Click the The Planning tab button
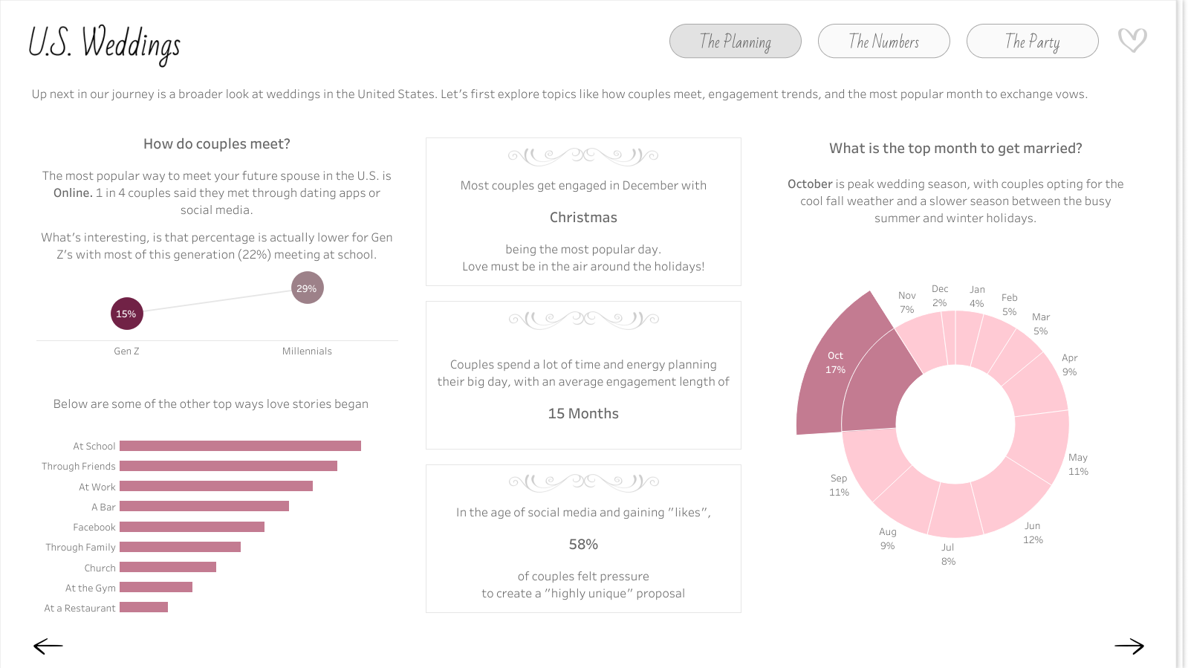[x=735, y=41]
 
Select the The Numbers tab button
[x=883, y=41]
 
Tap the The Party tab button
[x=1032, y=41]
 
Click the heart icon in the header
[x=1132, y=39]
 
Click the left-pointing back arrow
[x=48, y=646]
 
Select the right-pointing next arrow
[x=1129, y=646]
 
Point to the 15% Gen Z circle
[x=126, y=314]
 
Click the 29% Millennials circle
[x=307, y=288]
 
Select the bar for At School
[x=240, y=446]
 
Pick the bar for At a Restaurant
[x=143, y=607]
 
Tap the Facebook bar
[x=192, y=527]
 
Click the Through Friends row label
[x=79, y=467]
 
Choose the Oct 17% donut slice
[x=847, y=372]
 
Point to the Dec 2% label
[x=940, y=296]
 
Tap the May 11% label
[x=1078, y=464]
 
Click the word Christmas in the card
[x=583, y=218]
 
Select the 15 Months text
[x=583, y=414]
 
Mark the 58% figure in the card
[x=583, y=545]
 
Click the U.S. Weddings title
[x=104, y=43]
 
